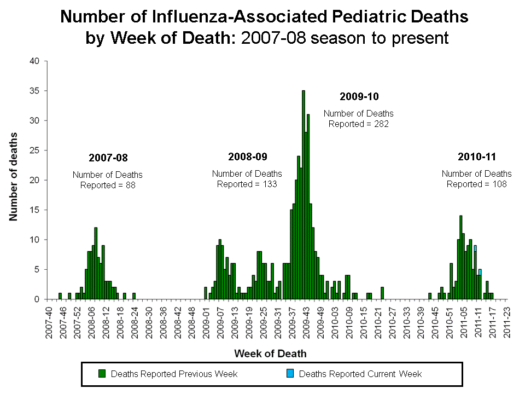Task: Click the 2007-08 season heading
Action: [x=108, y=158]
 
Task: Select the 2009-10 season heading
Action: [x=359, y=97]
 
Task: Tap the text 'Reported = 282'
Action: [x=359, y=124]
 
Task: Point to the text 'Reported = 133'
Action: [x=247, y=184]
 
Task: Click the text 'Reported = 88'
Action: [x=108, y=185]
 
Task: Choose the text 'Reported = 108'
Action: [x=477, y=184]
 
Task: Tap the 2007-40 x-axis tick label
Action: [x=50, y=322]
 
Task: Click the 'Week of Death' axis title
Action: [x=270, y=354]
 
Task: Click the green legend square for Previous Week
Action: [x=102, y=374]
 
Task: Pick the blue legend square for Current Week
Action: [x=290, y=374]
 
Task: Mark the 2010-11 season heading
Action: [x=476, y=157]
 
